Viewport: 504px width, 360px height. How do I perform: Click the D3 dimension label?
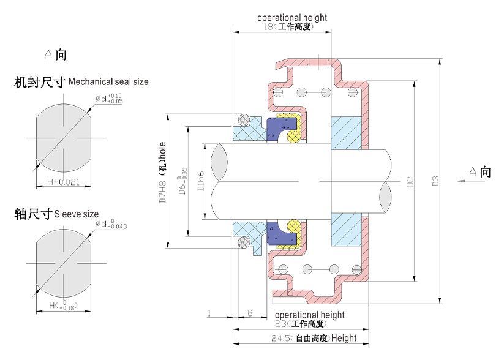click(435, 181)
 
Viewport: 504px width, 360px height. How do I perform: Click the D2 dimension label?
click(410, 181)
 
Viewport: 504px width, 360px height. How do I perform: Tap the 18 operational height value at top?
click(267, 27)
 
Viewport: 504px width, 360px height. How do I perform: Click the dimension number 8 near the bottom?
click(250, 313)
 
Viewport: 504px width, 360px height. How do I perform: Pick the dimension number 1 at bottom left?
click(209, 313)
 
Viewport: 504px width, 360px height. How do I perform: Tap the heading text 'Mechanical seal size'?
click(108, 81)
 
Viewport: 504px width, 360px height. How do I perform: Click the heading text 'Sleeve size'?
click(76, 214)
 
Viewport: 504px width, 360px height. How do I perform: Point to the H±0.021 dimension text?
click(64, 182)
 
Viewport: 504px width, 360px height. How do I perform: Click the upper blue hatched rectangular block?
click(344, 133)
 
